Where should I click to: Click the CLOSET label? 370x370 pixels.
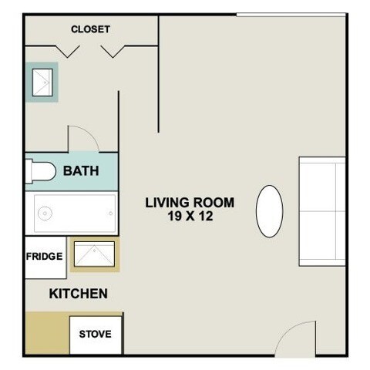coord(90,29)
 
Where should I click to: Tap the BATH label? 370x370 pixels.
coord(81,170)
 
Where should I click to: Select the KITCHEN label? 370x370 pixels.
coord(78,294)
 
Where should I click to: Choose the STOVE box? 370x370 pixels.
coord(96,335)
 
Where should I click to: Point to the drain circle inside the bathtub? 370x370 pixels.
coord(45,213)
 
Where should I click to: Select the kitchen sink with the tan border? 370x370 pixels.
coord(96,254)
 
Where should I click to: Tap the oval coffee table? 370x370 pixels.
coord(269,211)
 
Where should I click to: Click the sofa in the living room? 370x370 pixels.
coord(321,210)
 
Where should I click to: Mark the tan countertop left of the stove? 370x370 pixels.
coord(47,334)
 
